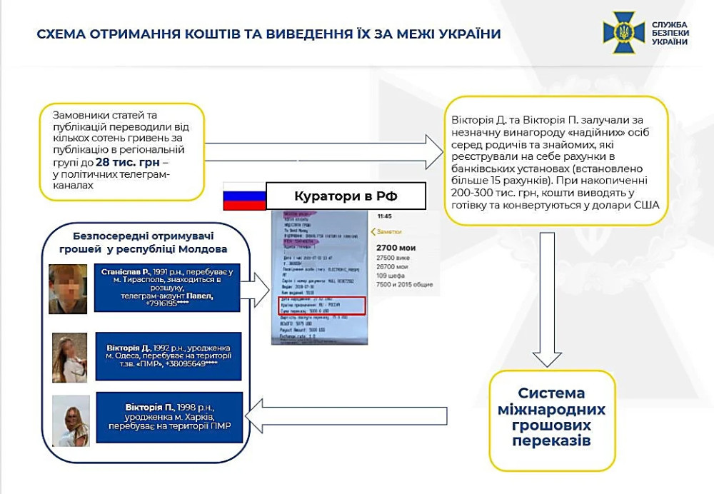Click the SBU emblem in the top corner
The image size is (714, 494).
[x=623, y=33]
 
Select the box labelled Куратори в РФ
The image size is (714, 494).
[x=345, y=196]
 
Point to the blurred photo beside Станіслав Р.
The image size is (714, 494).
[x=68, y=289]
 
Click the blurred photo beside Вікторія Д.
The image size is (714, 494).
[x=70, y=357]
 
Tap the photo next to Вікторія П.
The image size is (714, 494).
[x=71, y=420]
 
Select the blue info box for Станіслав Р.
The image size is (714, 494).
[x=167, y=288]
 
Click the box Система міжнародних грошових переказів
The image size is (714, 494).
[x=551, y=417]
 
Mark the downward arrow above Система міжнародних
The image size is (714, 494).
[x=548, y=293]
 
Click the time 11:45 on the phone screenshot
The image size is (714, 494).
[x=384, y=216]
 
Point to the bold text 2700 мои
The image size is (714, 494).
[x=396, y=248]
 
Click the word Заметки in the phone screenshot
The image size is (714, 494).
[x=388, y=231]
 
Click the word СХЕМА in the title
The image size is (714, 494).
[x=61, y=34]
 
